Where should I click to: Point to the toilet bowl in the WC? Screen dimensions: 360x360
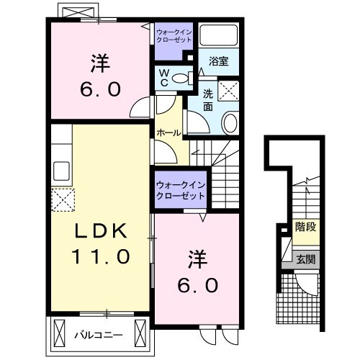point(181,78)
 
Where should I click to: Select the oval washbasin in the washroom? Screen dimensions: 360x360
point(230,123)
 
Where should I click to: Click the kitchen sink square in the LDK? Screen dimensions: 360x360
point(60,172)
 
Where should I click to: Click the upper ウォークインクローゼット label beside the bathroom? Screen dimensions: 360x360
point(174,35)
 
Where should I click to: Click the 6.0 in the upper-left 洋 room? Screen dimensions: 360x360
point(100,89)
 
